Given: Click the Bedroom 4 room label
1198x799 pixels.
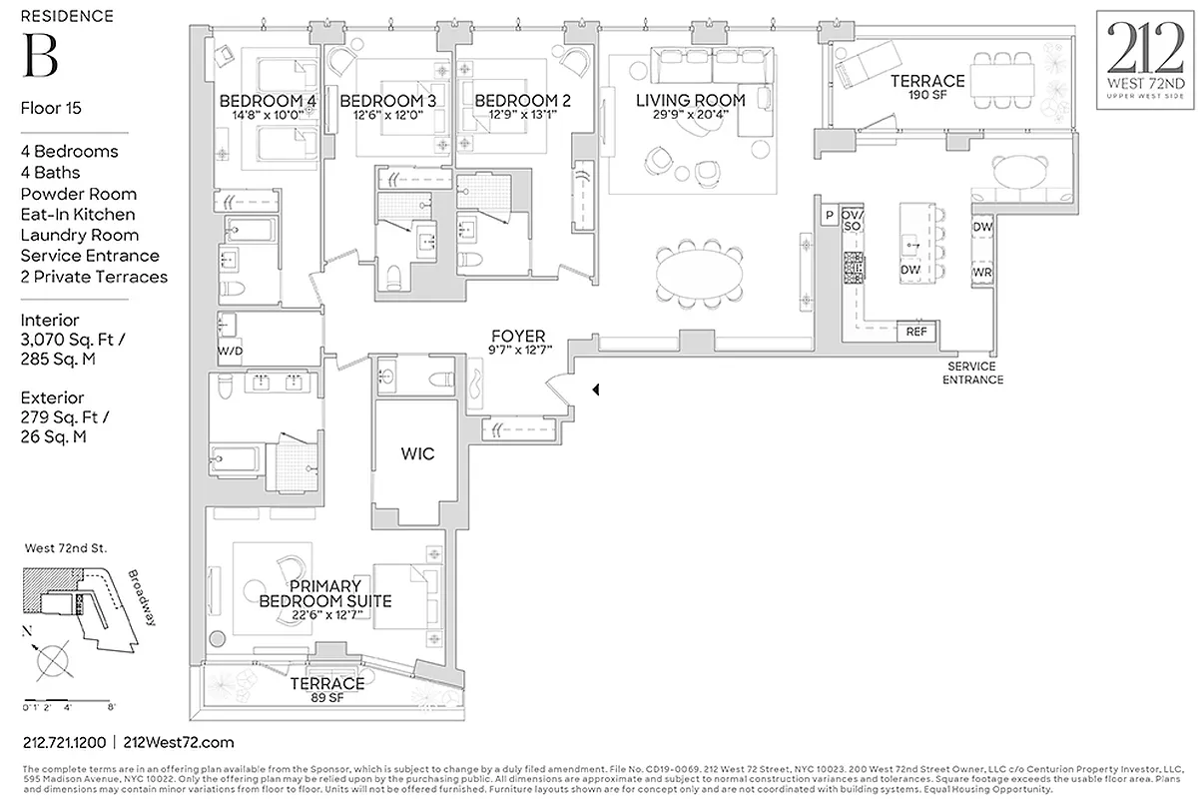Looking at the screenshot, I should pyautogui.click(x=268, y=101).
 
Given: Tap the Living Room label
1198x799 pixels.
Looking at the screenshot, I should pyautogui.click(x=691, y=100).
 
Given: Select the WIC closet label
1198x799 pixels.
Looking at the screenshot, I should pyautogui.click(x=417, y=453).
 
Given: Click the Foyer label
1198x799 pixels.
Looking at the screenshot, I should pyautogui.click(x=517, y=337).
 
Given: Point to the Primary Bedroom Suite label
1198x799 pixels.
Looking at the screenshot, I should pyautogui.click(x=324, y=593).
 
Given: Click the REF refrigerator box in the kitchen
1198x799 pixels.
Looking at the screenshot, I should pyautogui.click(x=914, y=333).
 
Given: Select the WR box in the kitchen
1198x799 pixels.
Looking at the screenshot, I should pyautogui.click(x=981, y=272).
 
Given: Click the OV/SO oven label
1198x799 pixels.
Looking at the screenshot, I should pyautogui.click(x=852, y=221).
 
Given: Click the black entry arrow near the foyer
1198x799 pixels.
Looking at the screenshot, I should pyautogui.click(x=596, y=391).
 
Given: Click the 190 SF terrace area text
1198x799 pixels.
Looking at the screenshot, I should pyautogui.click(x=927, y=96).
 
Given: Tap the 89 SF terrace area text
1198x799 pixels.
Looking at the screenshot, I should pyautogui.click(x=326, y=698).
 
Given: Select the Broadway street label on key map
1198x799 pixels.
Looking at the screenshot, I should pyautogui.click(x=142, y=598).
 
